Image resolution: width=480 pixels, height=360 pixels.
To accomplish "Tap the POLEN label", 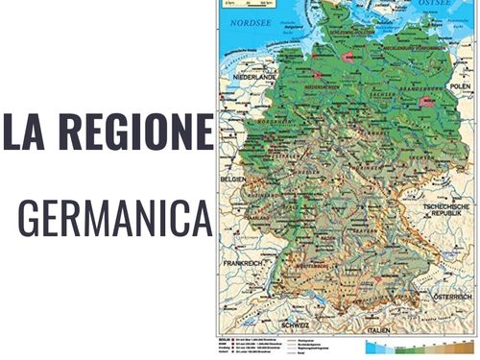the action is coord(460,85).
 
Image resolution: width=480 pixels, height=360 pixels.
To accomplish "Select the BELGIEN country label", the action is coord(235,179).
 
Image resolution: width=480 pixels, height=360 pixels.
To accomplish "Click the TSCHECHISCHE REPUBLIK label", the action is coord(448,212).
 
